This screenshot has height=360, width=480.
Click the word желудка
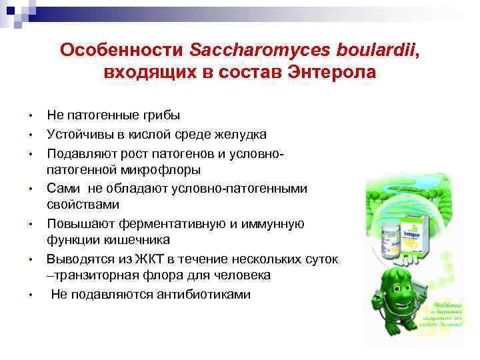coord(239,135)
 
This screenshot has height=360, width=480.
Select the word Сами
coord(63,189)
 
